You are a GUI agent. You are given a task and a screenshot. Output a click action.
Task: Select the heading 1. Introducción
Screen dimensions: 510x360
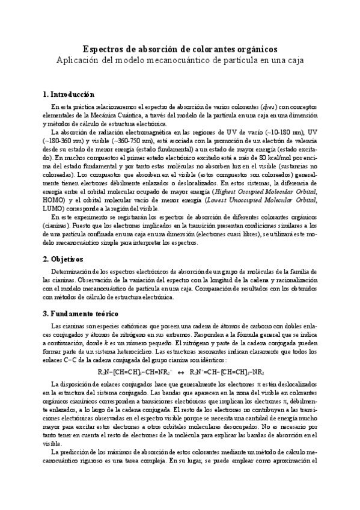(69, 94)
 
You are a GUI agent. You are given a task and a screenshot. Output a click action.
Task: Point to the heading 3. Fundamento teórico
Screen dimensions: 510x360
(81, 313)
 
